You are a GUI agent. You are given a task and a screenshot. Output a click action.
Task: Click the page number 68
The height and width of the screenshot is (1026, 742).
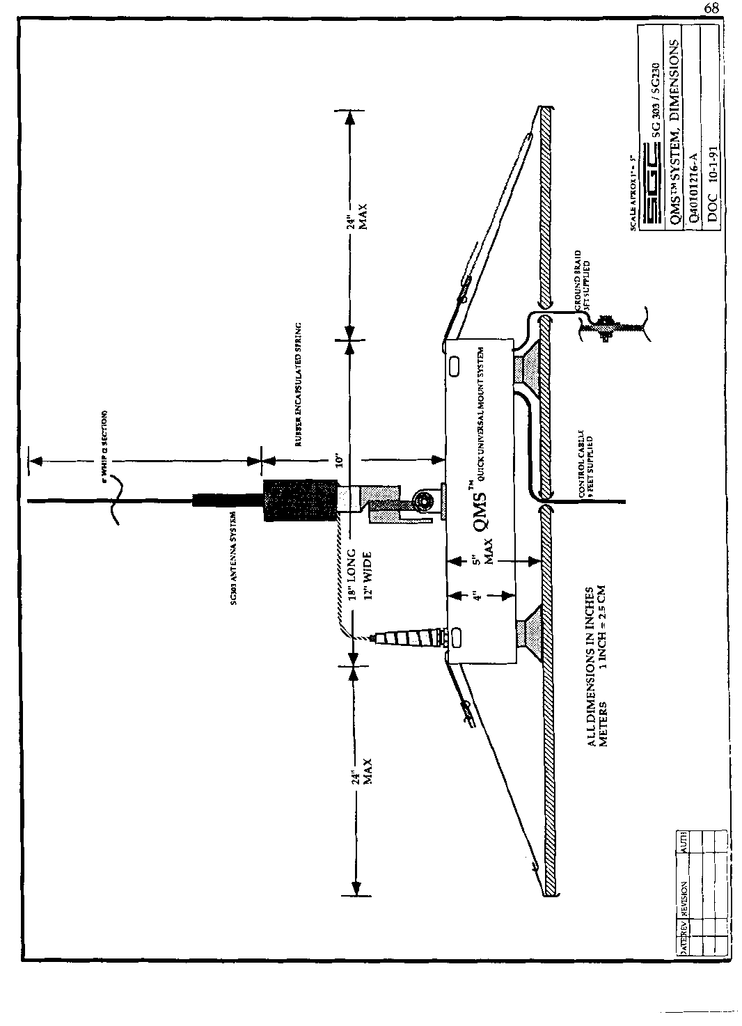711,8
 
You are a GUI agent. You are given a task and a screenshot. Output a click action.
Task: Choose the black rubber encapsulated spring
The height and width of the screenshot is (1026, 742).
299,501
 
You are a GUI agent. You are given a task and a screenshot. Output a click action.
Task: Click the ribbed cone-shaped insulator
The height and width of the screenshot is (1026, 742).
404,638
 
